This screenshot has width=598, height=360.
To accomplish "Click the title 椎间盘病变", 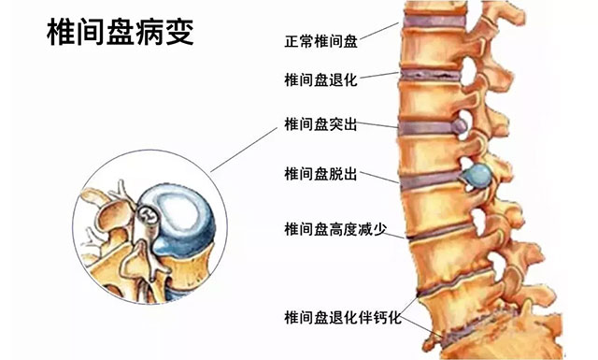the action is coord(121,32).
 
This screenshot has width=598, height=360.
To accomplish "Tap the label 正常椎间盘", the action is coord(321,41).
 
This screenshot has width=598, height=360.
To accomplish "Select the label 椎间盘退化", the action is coord(321,79).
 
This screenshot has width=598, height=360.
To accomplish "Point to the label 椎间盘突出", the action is coord(321,124).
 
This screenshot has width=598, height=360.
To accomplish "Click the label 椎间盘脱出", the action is coord(321,174).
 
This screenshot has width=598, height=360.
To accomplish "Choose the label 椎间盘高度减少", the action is coord(335,229).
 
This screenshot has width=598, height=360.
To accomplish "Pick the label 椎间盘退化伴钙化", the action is coord(343,318).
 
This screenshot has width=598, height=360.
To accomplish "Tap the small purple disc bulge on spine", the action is coord(459,125).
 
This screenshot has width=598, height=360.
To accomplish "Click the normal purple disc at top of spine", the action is coord(434,21).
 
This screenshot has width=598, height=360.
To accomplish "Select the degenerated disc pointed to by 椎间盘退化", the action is coord(431,75).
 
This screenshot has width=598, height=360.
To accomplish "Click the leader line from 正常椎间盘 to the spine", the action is coord(378,31).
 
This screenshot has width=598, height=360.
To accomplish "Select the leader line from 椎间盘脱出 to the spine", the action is coord(379,177).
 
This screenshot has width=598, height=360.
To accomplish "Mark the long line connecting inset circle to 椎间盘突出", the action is coord(244,150).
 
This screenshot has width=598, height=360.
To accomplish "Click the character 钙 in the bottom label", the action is coord(379,318).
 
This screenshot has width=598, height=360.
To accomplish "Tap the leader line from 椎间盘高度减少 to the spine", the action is coord(394,235).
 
